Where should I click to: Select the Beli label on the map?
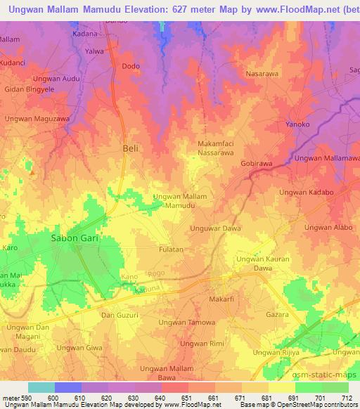pos(131,148)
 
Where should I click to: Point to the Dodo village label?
pos(131,66)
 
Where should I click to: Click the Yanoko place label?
pos(297,126)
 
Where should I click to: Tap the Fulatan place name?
pos(170,249)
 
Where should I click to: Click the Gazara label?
pos(276,315)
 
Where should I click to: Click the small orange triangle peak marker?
pos(31,169)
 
